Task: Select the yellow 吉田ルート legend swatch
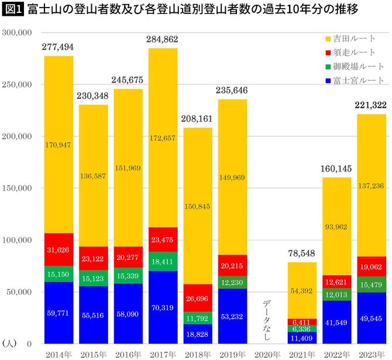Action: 328,39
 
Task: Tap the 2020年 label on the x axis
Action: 267,354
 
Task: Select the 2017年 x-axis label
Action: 163,354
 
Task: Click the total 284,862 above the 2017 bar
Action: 163,40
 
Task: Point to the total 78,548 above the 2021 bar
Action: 302,254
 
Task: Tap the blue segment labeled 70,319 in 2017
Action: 163,307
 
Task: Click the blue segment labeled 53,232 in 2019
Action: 232,316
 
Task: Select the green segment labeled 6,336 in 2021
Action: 302,328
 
